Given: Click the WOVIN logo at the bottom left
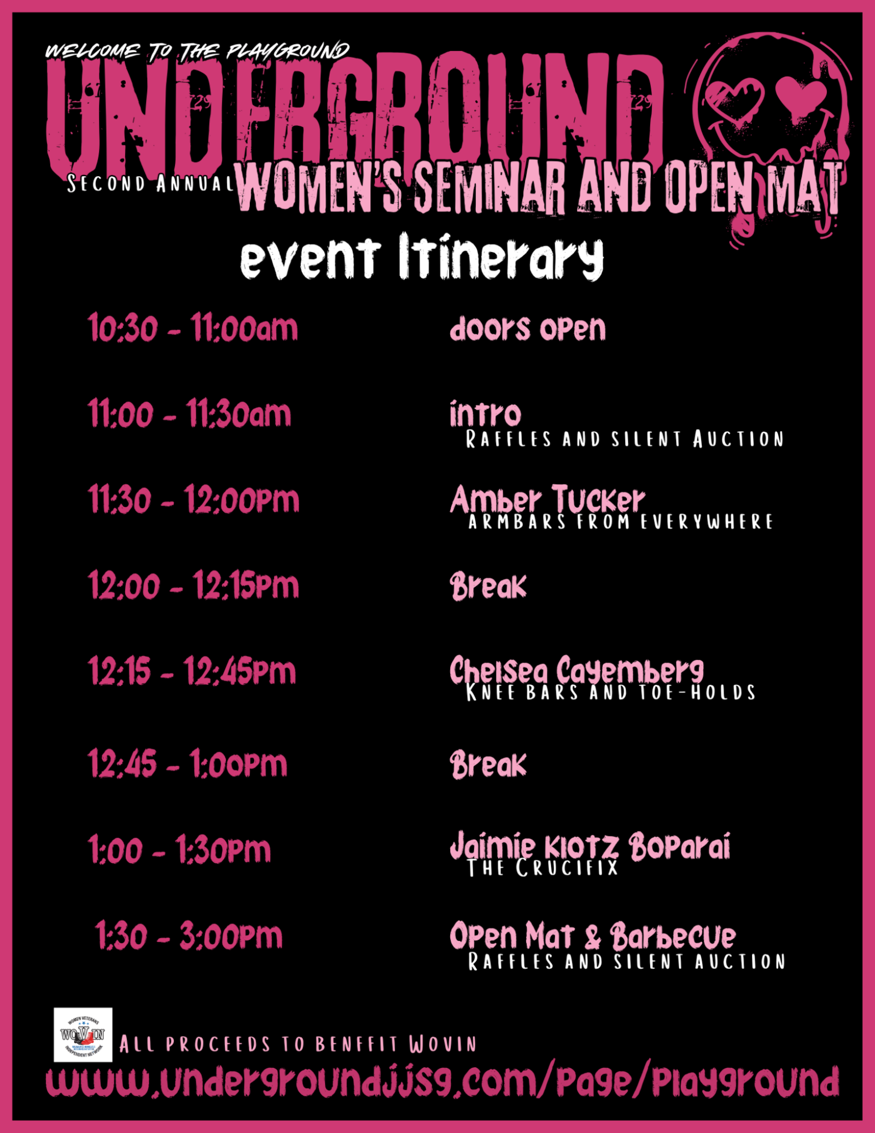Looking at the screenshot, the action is [83, 1035].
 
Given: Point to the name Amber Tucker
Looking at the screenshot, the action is [547, 499].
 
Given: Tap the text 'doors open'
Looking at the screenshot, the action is [528, 329].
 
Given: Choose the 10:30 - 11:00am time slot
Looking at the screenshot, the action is [193, 328].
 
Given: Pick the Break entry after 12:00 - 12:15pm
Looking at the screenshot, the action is [488, 586].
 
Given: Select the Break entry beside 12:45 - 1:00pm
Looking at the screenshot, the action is [488, 764].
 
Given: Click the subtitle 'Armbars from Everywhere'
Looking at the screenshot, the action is [621, 521].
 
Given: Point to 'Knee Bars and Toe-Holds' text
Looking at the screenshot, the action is [611, 692].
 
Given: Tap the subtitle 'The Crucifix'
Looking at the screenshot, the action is [542, 868].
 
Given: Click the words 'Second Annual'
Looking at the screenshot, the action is [151, 184].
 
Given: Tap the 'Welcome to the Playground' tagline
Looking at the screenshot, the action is [197, 51].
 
